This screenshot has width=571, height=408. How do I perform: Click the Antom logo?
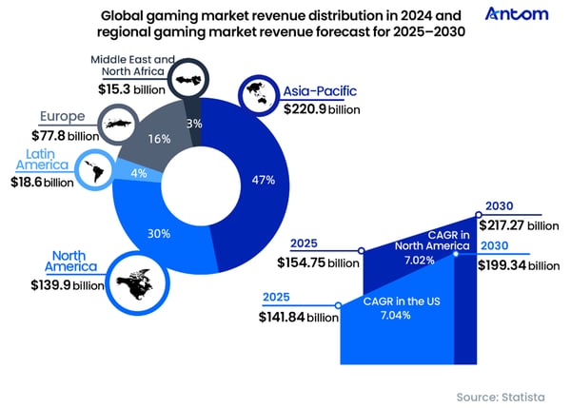click(x=517, y=14)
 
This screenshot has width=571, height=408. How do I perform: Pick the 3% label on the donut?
click(x=193, y=123)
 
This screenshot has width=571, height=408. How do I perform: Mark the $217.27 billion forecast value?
click(x=524, y=225)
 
